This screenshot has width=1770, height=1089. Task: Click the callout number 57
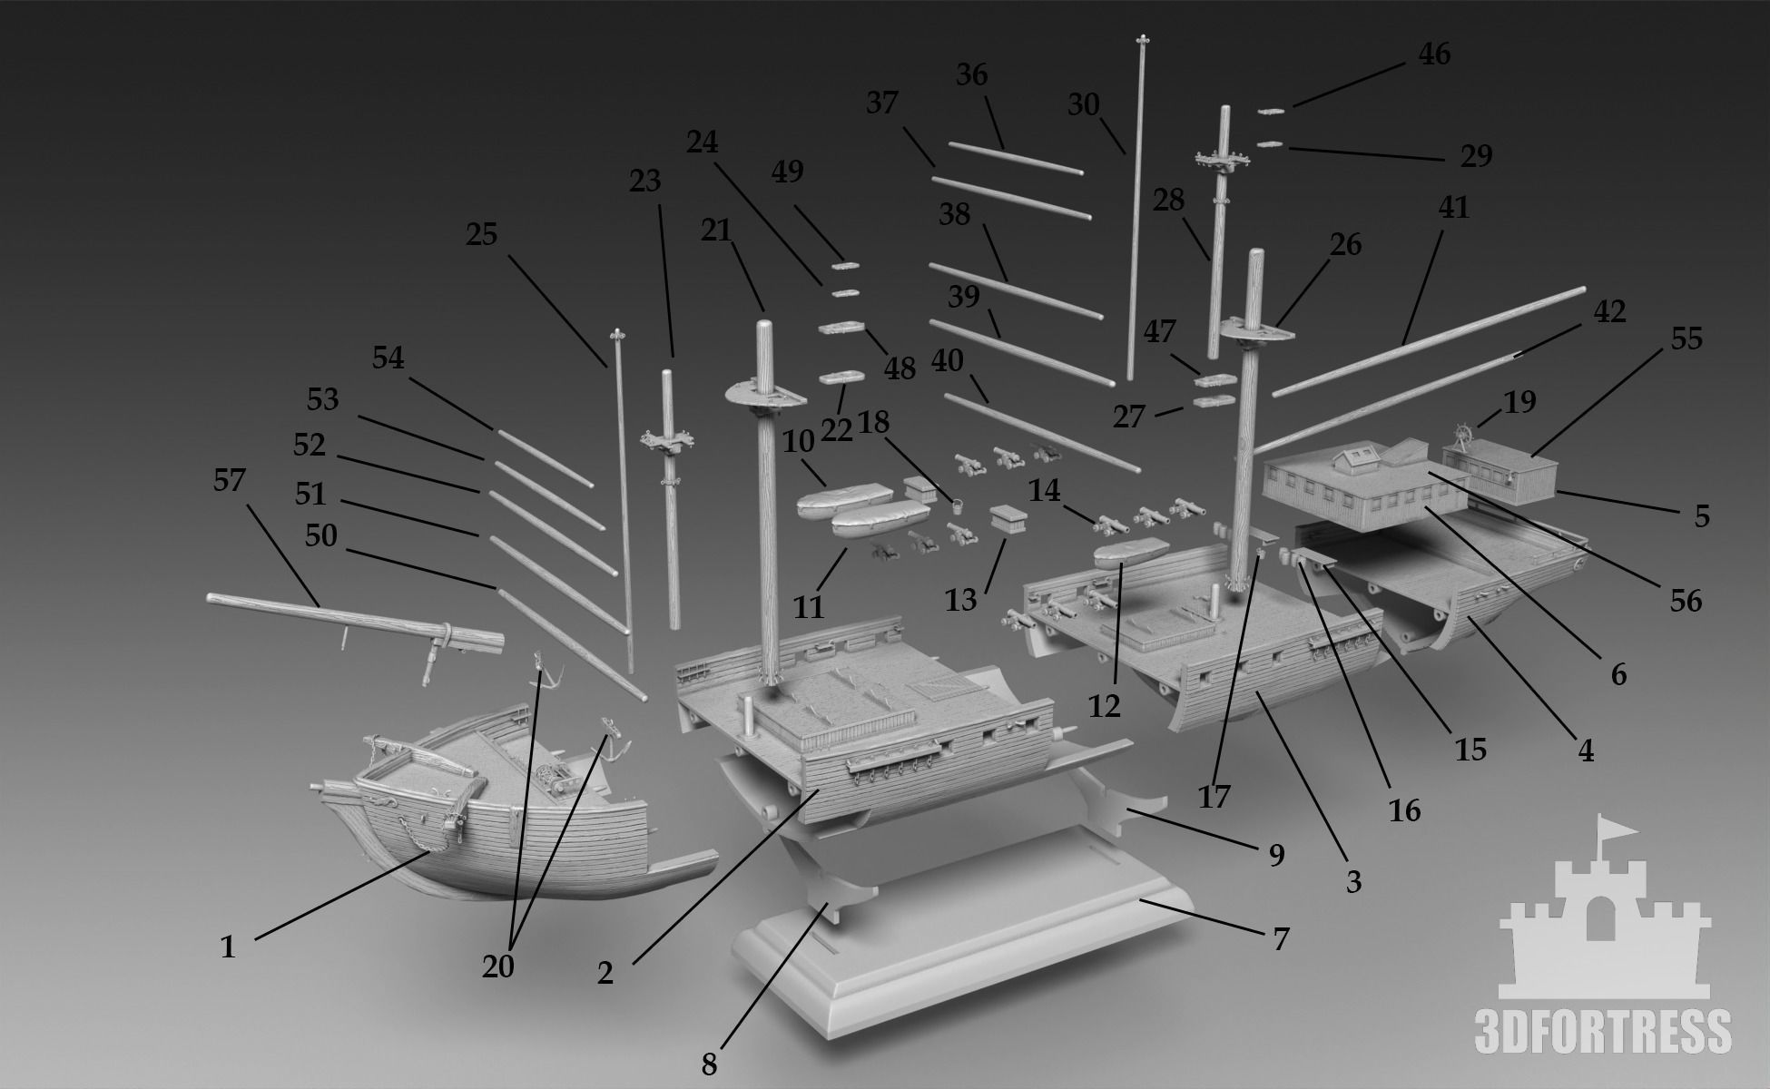tap(229, 480)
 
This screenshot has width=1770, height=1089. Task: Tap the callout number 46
tap(1434, 54)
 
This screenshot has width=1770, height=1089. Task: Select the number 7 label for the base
tap(1280, 938)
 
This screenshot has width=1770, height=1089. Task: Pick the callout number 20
tap(498, 967)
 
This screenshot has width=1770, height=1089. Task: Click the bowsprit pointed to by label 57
tap(354, 619)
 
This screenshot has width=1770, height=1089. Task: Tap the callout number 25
tap(482, 235)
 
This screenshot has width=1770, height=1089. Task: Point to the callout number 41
tap(1453, 208)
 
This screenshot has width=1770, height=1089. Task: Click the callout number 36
tap(971, 74)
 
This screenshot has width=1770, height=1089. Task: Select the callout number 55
tap(1686, 338)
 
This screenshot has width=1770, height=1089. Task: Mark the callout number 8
tap(708, 1064)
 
